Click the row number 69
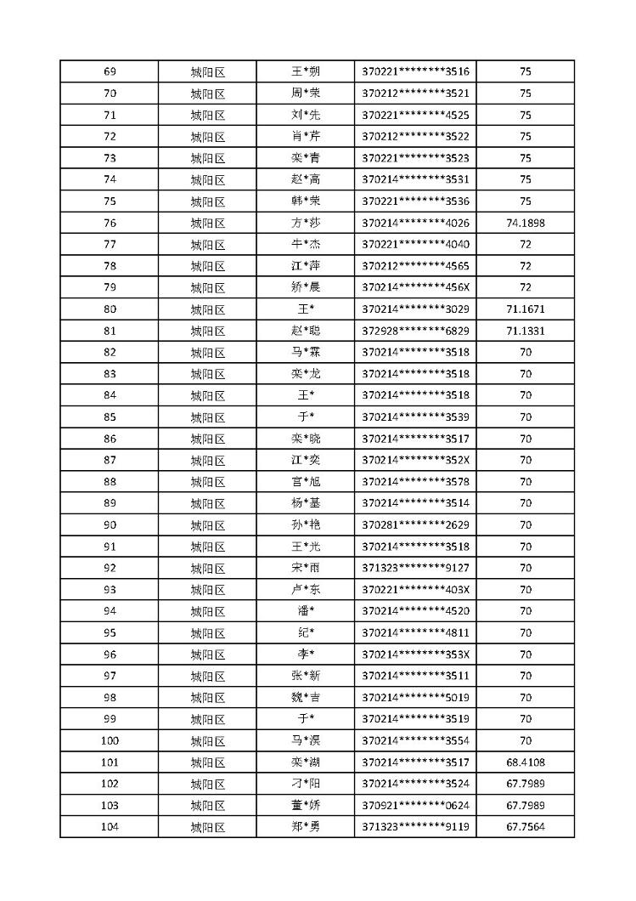(x=110, y=71)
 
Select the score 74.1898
(x=525, y=223)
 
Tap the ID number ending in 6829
(x=415, y=331)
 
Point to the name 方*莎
(x=306, y=223)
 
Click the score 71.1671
(x=525, y=309)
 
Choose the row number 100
(x=110, y=740)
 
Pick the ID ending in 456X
(x=415, y=287)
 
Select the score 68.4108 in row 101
(x=525, y=762)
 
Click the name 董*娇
(x=306, y=805)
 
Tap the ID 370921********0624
(x=415, y=805)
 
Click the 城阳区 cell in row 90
(x=207, y=524)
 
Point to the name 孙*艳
(x=306, y=524)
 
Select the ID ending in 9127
(x=415, y=568)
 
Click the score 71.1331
(x=525, y=331)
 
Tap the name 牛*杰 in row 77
(x=306, y=245)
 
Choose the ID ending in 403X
(x=415, y=590)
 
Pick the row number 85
(x=110, y=416)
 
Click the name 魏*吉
(x=306, y=698)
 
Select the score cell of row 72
(x=525, y=136)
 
